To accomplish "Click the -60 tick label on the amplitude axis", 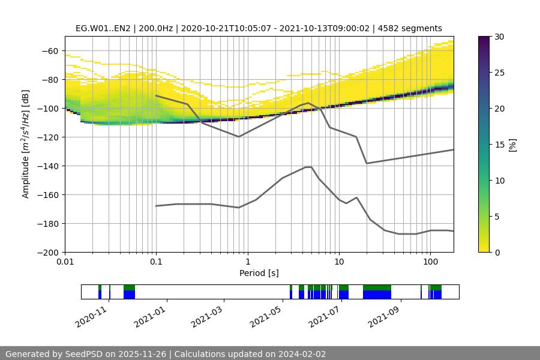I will (50, 51).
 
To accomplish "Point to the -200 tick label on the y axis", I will (47, 253).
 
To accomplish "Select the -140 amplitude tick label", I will (47, 166).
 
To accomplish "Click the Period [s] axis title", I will (259, 274).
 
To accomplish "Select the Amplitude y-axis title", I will (25, 144).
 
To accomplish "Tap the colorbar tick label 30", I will (499, 37).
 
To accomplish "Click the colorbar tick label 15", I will (499, 145).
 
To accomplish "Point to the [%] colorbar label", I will (512, 145).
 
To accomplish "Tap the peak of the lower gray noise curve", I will (308, 167).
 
